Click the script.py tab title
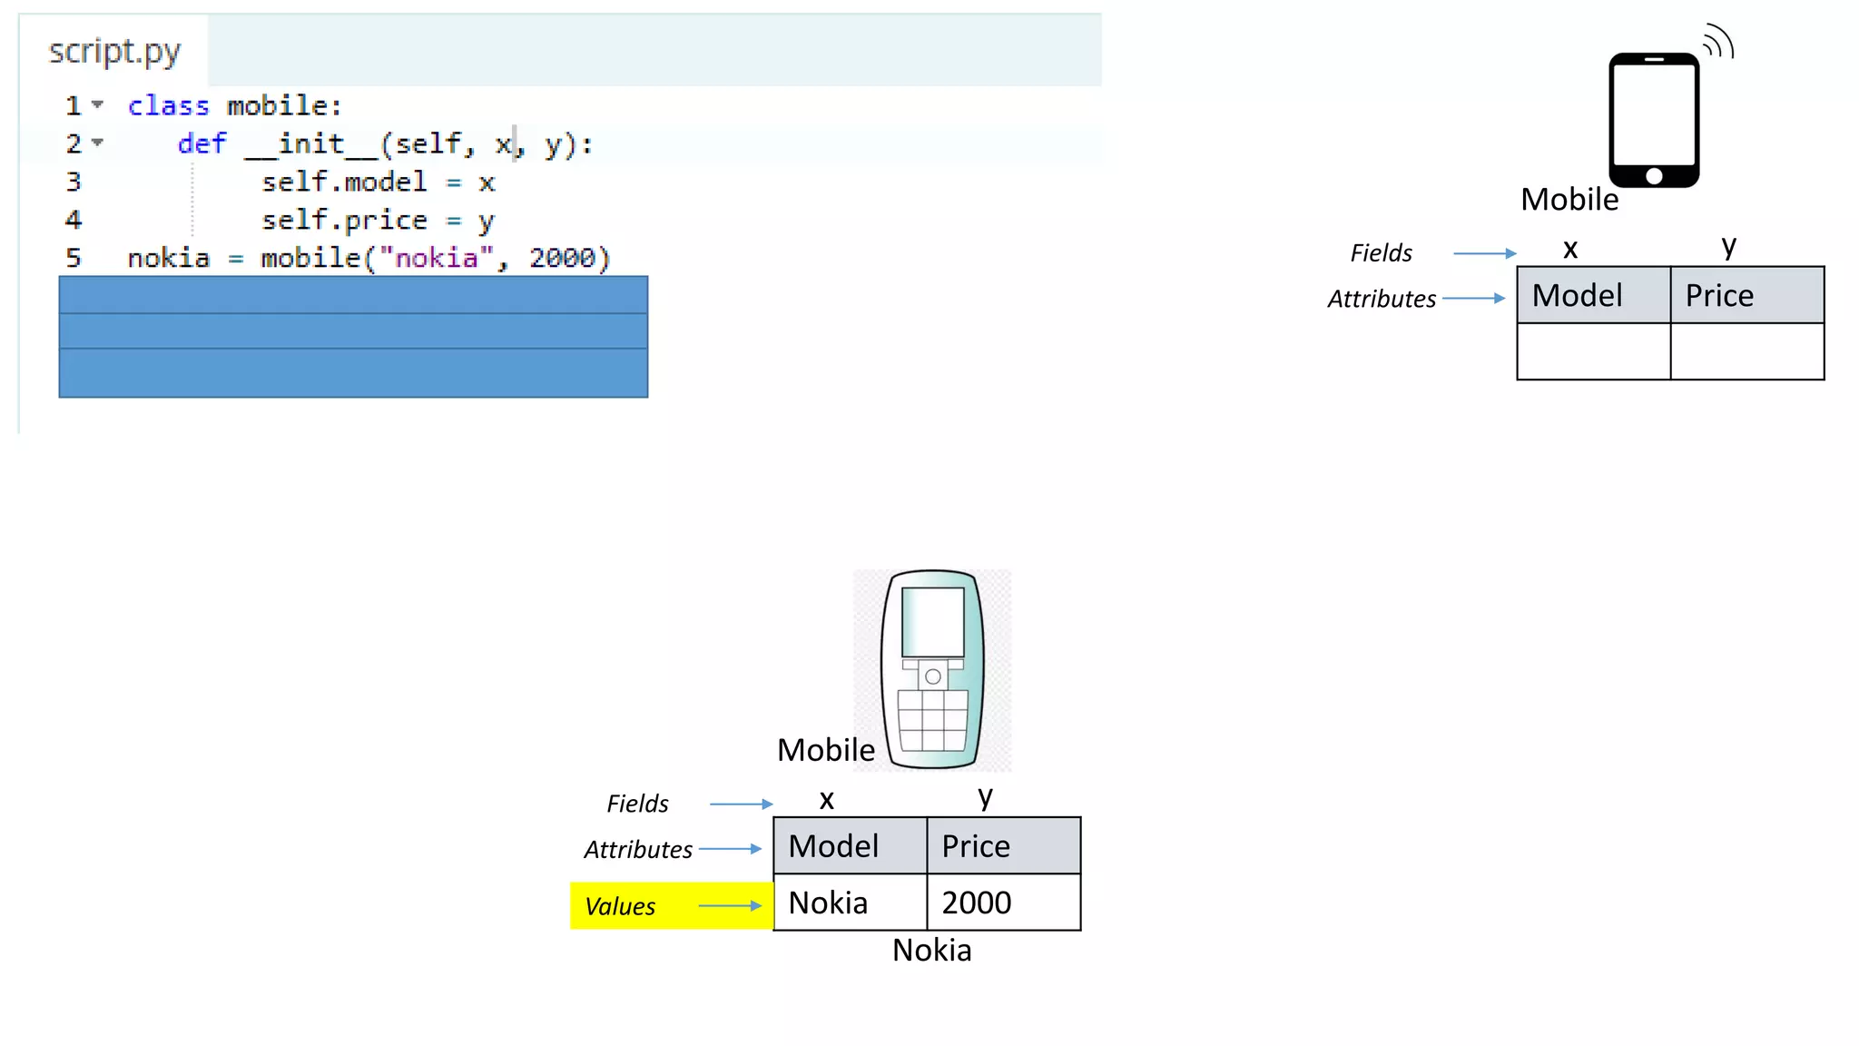pyautogui.click(x=114, y=52)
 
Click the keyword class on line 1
pyautogui.click(x=168, y=106)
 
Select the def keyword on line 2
pyautogui.click(x=202, y=144)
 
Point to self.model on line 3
pyautogui.click(x=344, y=183)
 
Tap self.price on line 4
pyautogui.click(x=344, y=221)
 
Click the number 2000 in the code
pyautogui.click(x=563, y=259)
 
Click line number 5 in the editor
pyautogui.click(x=74, y=259)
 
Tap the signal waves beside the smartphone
pyautogui.click(x=1718, y=42)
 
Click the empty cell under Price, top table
pyautogui.click(x=1746, y=351)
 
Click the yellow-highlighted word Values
pyautogui.click(x=620, y=906)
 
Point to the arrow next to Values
pyautogui.click(x=730, y=906)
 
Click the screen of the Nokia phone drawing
pyautogui.click(x=932, y=621)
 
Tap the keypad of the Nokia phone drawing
pyautogui.click(x=932, y=720)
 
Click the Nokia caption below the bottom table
pyautogui.click(x=931, y=950)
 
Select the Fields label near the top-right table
pyautogui.click(x=1381, y=253)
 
